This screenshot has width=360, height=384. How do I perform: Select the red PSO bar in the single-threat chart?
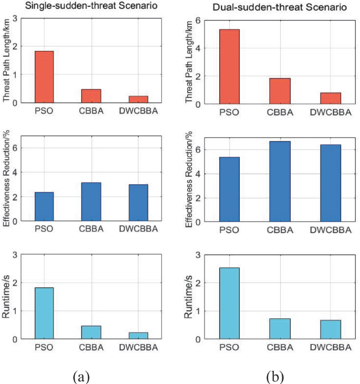(44, 77)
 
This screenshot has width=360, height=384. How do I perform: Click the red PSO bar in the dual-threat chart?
(230, 67)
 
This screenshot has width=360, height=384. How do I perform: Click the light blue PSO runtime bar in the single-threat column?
(44, 313)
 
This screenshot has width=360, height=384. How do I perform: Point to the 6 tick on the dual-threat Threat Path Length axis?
(198, 20)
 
